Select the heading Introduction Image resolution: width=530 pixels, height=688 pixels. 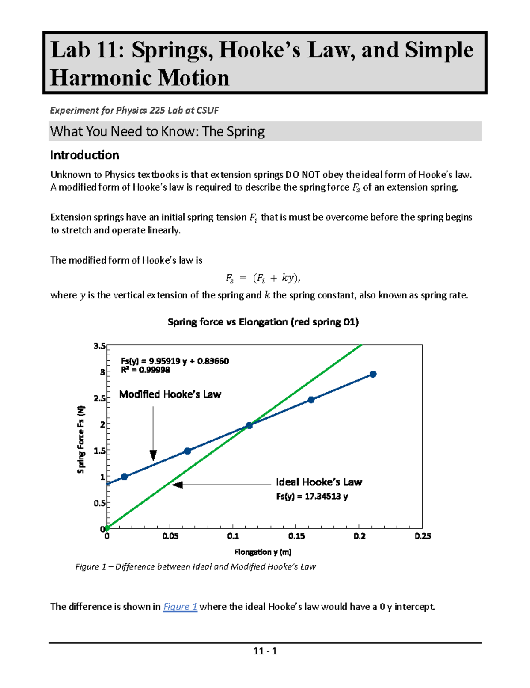tap(84, 155)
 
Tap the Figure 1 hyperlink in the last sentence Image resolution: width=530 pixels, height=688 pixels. tap(180, 607)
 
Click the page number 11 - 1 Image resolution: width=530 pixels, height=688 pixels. tap(265, 651)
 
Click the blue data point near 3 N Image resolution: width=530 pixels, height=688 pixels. tap(373, 374)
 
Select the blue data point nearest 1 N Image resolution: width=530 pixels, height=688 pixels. tap(125, 477)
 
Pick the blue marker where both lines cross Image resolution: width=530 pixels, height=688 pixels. tap(249, 425)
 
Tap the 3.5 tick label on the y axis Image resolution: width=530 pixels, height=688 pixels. tap(99, 346)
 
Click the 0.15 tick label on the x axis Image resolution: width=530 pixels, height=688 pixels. tap(296, 536)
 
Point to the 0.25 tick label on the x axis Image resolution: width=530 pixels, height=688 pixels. tap(423, 536)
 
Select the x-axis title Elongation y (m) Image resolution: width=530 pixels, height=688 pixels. tap(263, 552)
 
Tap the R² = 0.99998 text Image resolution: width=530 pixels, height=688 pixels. tap(145, 370)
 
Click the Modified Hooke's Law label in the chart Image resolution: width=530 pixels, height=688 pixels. tap(170, 394)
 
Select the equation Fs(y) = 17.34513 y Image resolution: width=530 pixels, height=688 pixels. tap(312, 496)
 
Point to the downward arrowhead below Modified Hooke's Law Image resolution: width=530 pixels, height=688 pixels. tap(153, 455)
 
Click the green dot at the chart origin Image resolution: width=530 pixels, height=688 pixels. tap(107, 528)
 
